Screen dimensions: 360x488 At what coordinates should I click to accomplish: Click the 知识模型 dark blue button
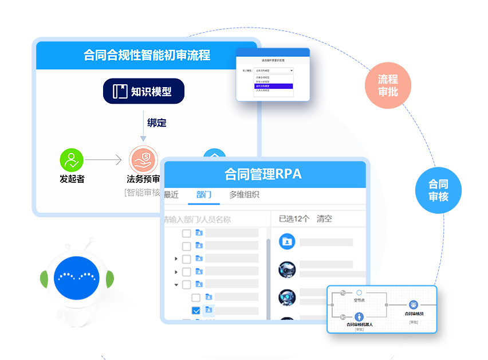[x=143, y=91]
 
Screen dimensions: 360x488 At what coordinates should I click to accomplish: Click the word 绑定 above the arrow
[x=156, y=123]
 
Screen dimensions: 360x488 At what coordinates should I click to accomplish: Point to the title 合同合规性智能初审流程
[x=147, y=55]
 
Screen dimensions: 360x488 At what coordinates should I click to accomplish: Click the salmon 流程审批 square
[x=388, y=85]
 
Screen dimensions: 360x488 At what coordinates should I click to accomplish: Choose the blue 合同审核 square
[x=438, y=190]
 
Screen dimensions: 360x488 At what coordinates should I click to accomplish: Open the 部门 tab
[x=204, y=195]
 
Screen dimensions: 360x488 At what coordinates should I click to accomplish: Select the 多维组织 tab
[x=244, y=195]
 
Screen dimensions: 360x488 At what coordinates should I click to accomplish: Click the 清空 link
[x=324, y=218]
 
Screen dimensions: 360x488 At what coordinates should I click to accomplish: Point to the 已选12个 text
[x=294, y=218]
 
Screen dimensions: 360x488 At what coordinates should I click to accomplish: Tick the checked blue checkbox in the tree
[x=196, y=311]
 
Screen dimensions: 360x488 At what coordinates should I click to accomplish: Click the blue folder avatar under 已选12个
[x=287, y=241]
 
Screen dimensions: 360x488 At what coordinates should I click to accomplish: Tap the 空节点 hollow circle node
[x=359, y=293]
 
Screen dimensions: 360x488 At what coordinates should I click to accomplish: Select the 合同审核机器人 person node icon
[x=359, y=316]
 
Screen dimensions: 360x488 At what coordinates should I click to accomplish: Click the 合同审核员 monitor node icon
[x=414, y=305]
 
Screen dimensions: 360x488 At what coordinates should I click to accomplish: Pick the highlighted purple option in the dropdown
[x=273, y=86]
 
